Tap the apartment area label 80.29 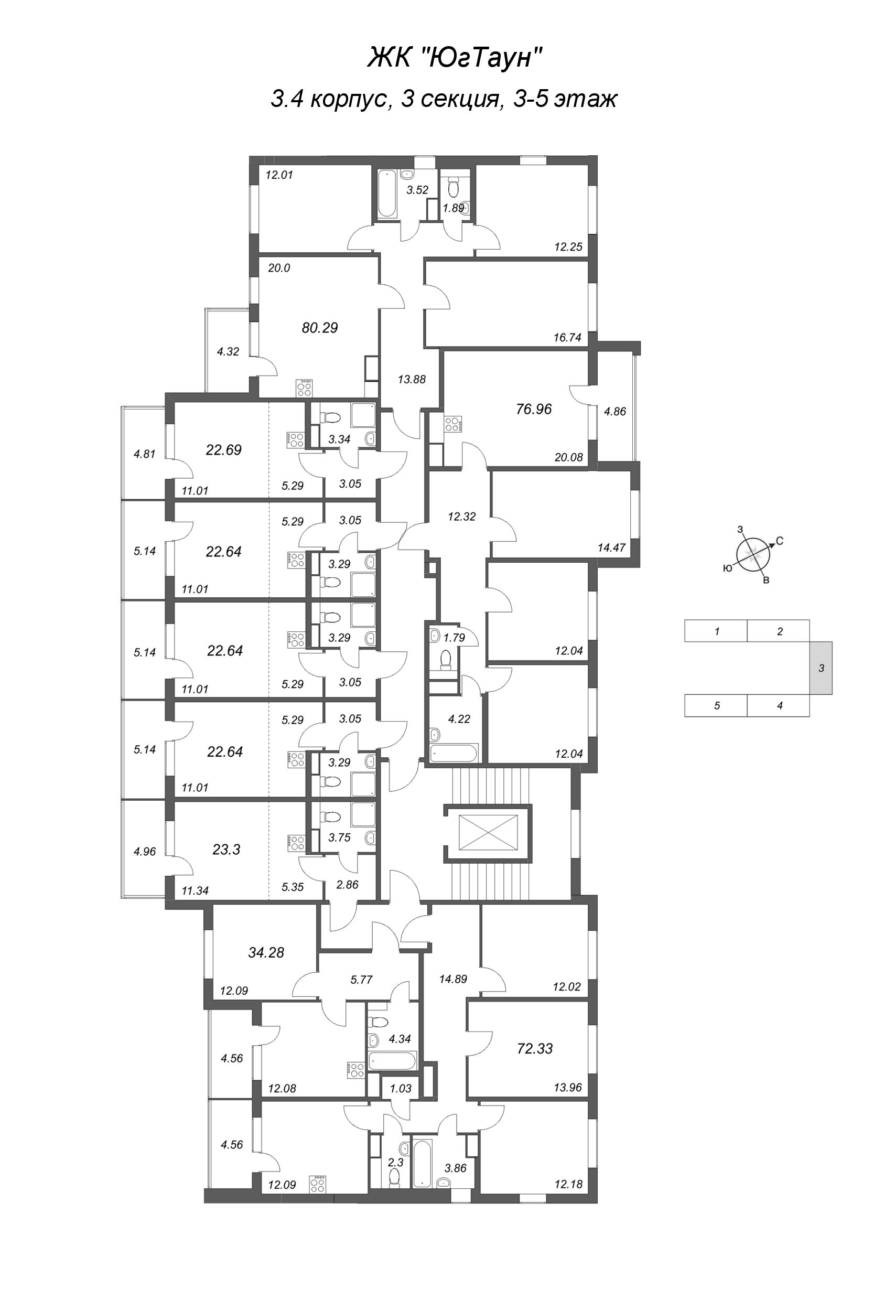[x=320, y=328]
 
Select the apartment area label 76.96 [x=534, y=409]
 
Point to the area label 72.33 [x=535, y=1049]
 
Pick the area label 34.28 [x=266, y=953]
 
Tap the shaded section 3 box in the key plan [x=821, y=669]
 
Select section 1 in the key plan [x=716, y=632]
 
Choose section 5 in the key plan [x=716, y=706]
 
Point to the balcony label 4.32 [x=228, y=352]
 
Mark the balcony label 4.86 [x=614, y=412]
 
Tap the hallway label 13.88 [x=412, y=380]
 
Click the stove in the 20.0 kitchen [x=305, y=389]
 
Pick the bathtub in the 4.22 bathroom [x=454, y=753]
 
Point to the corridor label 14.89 [x=454, y=979]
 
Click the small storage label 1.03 [x=401, y=1089]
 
